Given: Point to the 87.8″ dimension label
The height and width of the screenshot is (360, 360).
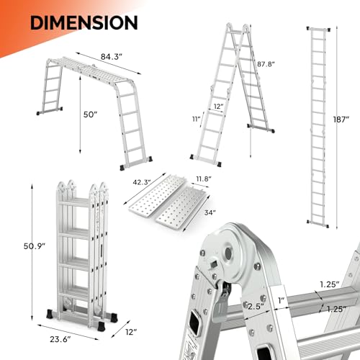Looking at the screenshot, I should (x=266, y=63).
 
